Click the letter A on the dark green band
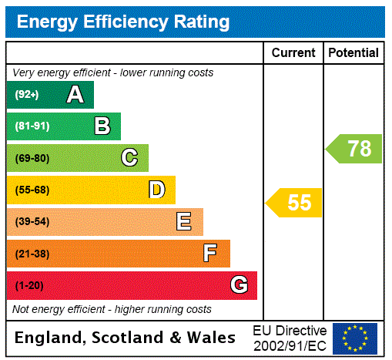point(75,95)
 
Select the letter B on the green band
point(102,126)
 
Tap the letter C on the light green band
point(129,158)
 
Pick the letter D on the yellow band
point(156,190)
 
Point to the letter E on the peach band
point(184,222)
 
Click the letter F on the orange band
point(210,254)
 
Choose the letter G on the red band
point(239,285)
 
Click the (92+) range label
point(26,95)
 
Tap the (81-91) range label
point(32,126)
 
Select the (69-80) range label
point(32,159)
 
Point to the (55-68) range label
point(32,190)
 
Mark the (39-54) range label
point(32,222)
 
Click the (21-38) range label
point(32,254)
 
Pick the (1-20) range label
point(28,286)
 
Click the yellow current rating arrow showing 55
point(296,203)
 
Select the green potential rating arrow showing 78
point(355,148)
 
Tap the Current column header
point(293,53)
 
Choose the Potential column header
point(353,53)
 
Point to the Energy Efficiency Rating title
point(123,22)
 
